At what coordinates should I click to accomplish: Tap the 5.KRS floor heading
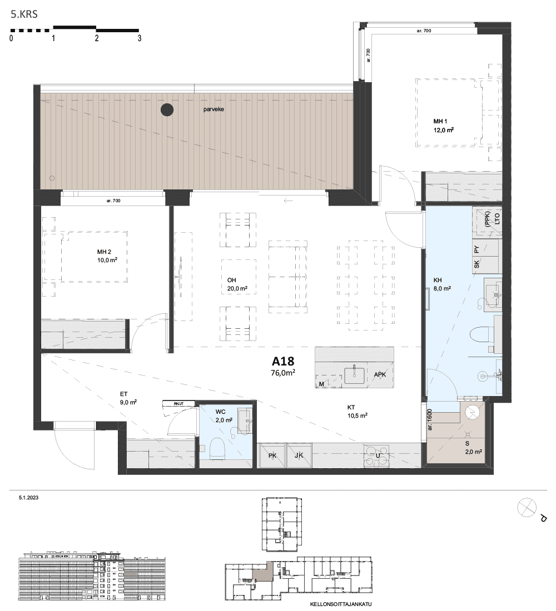[24, 14]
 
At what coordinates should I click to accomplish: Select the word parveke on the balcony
[214, 109]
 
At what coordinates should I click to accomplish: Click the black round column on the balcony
[167, 110]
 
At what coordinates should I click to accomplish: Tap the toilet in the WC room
[217, 448]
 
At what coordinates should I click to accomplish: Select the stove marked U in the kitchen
[378, 455]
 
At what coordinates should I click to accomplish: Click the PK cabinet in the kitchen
[272, 455]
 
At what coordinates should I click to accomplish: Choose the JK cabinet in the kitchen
[299, 455]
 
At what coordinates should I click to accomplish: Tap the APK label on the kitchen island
[380, 374]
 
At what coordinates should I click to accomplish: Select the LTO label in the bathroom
[497, 219]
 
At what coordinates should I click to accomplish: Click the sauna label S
[467, 443]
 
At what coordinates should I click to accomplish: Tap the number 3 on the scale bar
[140, 38]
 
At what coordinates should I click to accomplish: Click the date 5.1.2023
[28, 498]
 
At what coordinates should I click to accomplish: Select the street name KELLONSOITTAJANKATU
[341, 604]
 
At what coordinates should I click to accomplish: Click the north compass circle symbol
[527, 508]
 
